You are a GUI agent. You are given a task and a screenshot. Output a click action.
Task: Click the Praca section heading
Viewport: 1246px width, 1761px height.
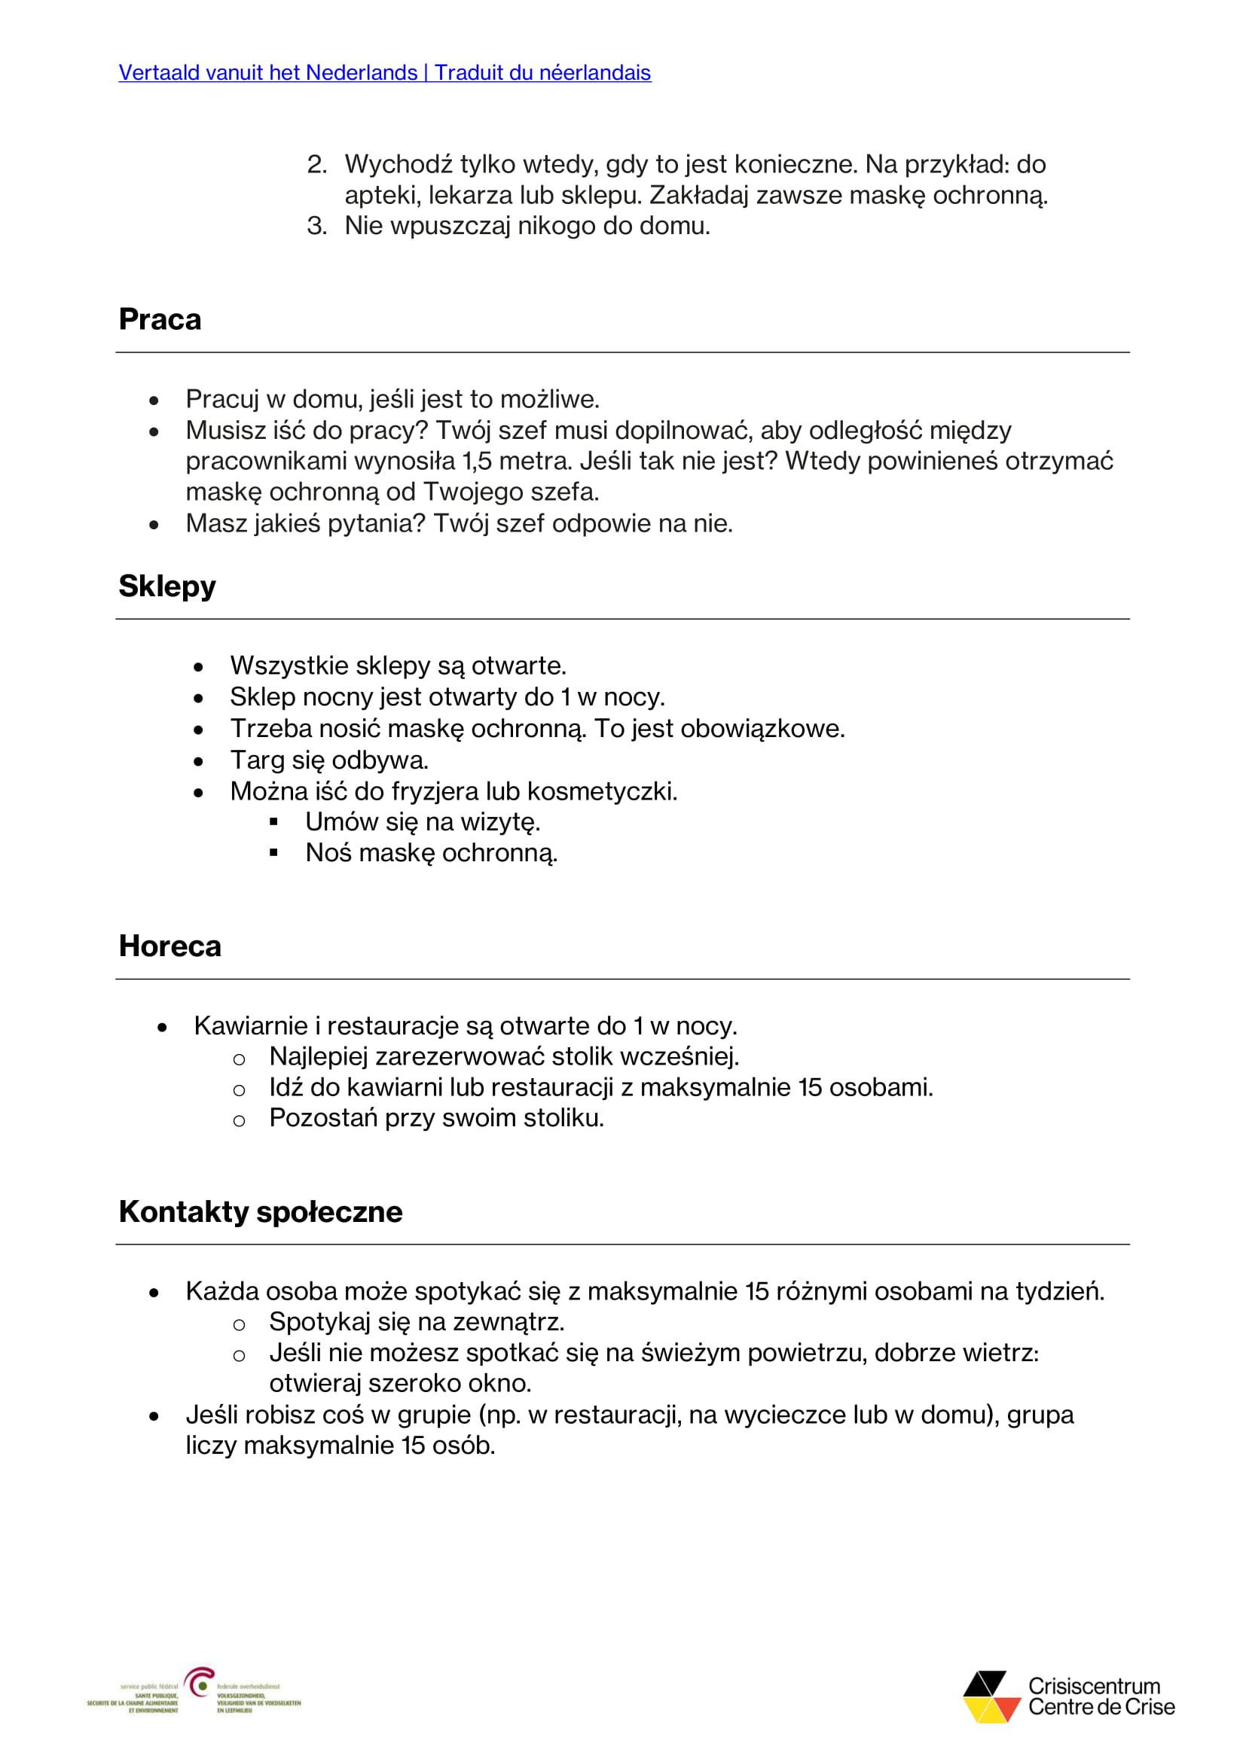coord(160,320)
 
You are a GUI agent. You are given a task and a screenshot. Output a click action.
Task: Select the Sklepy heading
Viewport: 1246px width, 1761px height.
coord(167,586)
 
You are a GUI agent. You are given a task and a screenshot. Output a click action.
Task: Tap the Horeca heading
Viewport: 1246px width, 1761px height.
coord(169,946)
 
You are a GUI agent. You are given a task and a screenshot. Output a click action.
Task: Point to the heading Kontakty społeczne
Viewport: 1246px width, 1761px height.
coord(260,1212)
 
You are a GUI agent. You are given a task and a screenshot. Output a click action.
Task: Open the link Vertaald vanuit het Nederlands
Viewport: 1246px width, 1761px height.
coord(267,73)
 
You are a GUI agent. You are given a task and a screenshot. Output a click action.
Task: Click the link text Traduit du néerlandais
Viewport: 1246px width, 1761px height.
coord(542,73)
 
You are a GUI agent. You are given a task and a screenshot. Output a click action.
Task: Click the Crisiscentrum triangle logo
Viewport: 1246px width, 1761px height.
coord(991,1696)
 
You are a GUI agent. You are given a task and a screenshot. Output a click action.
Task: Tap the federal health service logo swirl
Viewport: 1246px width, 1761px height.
coord(200,1683)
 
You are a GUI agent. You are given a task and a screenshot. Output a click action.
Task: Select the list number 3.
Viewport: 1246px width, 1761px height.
coord(316,227)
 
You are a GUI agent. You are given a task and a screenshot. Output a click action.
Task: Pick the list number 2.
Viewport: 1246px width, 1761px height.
coord(316,165)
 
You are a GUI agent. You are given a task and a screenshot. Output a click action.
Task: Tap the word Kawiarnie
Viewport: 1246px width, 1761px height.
coord(251,1026)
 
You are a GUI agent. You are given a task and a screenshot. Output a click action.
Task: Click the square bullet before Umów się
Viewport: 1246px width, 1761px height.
coord(274,822)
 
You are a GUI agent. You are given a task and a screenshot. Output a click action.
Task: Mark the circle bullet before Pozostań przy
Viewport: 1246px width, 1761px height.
coord(240,1120)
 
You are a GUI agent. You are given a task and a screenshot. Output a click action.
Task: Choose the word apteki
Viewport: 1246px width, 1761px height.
coord(382,196)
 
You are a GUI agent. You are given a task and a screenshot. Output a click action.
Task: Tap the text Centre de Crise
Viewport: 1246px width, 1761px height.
coord(1101,1708)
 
